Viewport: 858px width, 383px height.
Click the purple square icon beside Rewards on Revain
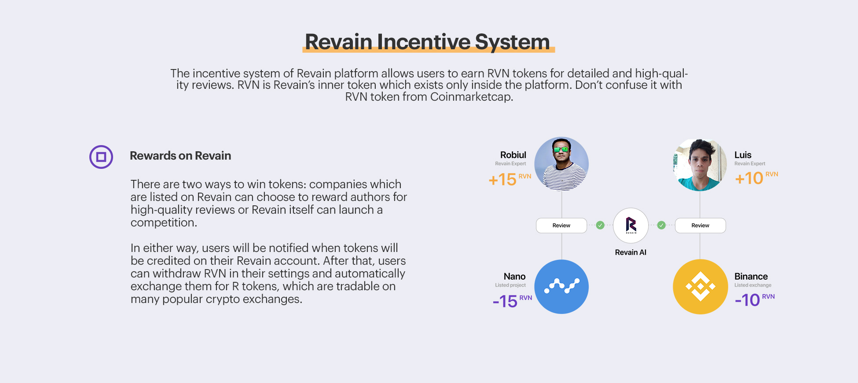click(x=101, y=157)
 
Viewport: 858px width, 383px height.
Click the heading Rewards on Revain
click(x=180, y=156)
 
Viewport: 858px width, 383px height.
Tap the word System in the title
click(x=512, y=42)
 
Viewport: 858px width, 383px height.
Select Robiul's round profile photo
click(x=561, y=164)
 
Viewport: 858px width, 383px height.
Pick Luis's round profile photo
click(x=700, y=164)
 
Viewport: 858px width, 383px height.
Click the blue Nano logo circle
click(x=561, y=287)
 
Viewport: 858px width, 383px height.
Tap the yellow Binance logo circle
click(x=700, y=287)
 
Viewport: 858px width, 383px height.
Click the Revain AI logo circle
click(x=631, y=226)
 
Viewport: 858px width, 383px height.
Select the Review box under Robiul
click(x=561, y=226)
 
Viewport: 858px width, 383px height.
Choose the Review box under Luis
click(x=700, y=226)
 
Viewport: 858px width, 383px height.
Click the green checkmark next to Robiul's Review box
click(x=600, y=226)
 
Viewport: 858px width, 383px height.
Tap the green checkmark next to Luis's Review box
click(x=661, y=226)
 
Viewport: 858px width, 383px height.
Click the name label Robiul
click(x=513, y=155)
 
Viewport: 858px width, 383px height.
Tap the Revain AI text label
click(x=631, y=252)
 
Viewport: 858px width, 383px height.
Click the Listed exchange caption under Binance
click(x=753, y=285)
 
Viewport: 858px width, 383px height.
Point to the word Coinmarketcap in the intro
click(x=472, y=97)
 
